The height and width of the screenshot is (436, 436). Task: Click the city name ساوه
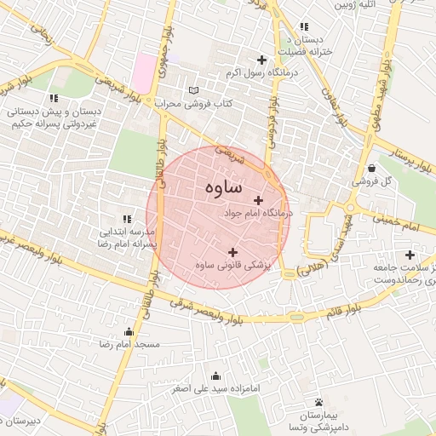pyautogui.click(x=223, y=186)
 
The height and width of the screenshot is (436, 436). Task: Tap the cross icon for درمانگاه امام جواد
pyautogui.click(x=259, y=200)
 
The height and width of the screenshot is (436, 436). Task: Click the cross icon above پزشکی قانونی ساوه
pyautogui.click(x=233, y=251)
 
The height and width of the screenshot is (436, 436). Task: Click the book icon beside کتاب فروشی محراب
pyautogui.click(x=193, y=90)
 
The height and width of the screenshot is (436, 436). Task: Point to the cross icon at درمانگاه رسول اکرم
pyautogui.click(x=261, y=60)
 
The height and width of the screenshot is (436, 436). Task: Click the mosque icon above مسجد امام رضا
pyautogui.click(x=129, y=331)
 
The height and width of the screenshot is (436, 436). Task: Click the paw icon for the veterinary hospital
pyautogui.click(x=318, y=401)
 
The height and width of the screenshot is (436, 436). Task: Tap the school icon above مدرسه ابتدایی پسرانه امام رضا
pyautogui.click(x=128, y=219)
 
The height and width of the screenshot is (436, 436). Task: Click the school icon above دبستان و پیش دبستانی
pyautogui.click(x=54, y=98)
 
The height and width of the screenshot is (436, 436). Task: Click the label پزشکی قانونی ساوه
pyautogui.click(x=232, y=266)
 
